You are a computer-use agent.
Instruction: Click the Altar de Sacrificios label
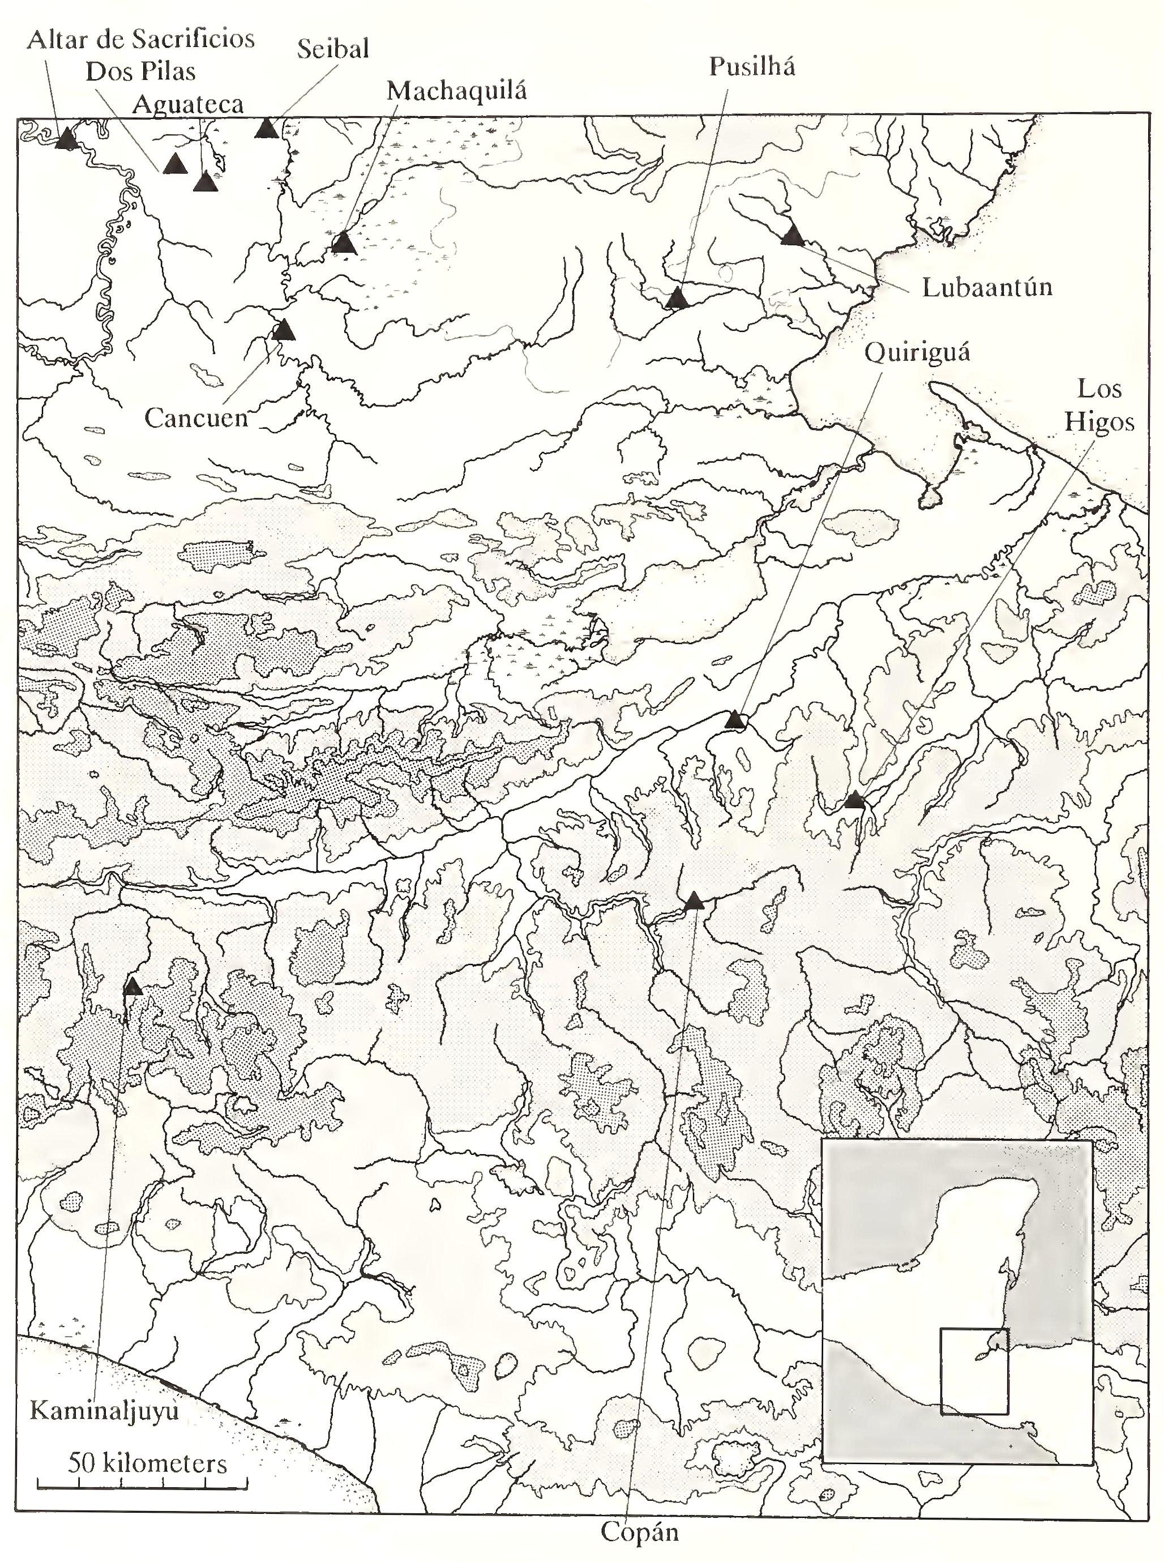point(141,39)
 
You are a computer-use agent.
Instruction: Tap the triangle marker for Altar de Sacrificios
point(66,138)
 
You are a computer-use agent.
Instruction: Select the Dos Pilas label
point(140,71)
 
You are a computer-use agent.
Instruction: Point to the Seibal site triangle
point(266,129)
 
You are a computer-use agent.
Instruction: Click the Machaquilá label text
point(456,91)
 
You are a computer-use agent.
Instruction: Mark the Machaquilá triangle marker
point(344,243)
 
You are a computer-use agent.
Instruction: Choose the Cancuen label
point(196,418)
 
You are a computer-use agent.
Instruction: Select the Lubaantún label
point(986,288)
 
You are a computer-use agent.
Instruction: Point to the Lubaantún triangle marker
point(793,236)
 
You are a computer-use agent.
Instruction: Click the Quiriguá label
point(916,352)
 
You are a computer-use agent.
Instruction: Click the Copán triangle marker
point(694,901)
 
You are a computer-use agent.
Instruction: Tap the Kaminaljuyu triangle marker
point(132,987)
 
